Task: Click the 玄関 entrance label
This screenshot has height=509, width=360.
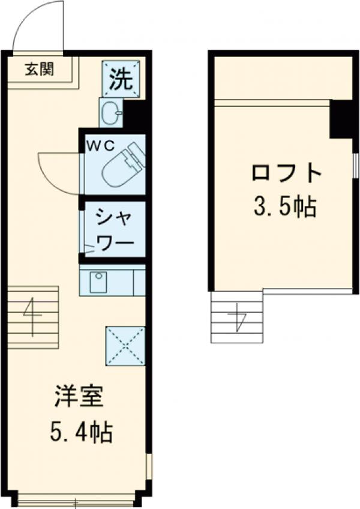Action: (x=39, y=69)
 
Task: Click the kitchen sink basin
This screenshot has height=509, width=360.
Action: (x=98, y=282)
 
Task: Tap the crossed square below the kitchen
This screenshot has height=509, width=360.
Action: (x=125, y=346)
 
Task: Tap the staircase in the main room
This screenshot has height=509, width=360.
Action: (x=33, y=318)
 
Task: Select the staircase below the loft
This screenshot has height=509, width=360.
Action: (x=237, y=316)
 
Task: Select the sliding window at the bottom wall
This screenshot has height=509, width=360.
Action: (x=76, y=498)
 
